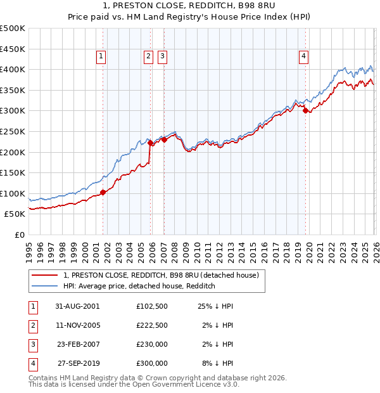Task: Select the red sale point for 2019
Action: coord(305,111)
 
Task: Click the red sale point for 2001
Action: coord(103,193)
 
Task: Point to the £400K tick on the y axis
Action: coord(13,70)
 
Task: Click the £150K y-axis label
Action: coord(13,172)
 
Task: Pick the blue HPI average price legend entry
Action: coord(139,287)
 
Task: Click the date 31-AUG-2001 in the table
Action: coord(78,306)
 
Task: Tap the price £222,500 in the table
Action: coord(152,325)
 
